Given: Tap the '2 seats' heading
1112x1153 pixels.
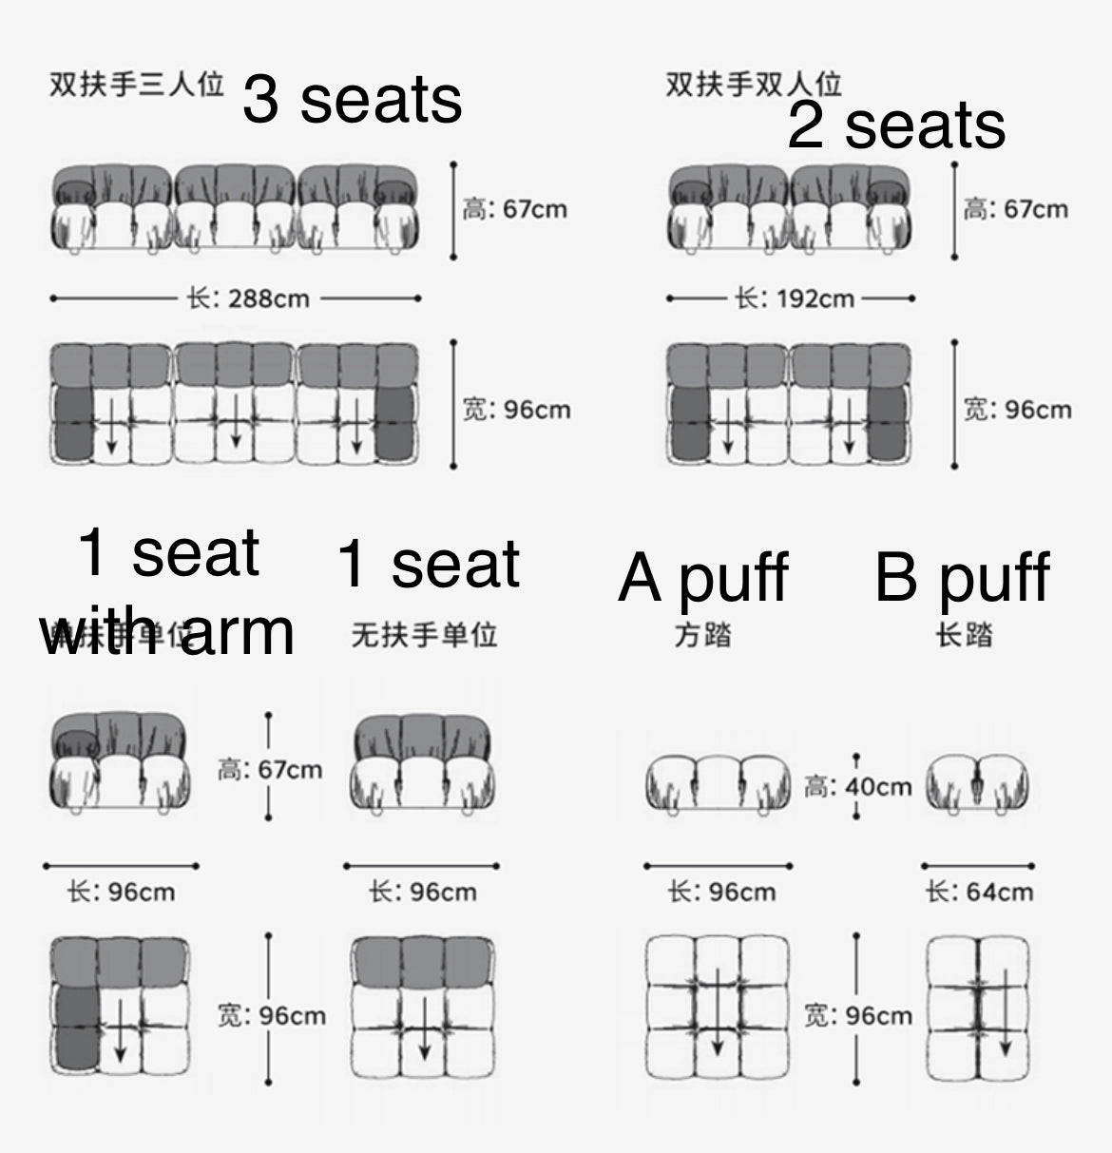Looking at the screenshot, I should coord(896,125).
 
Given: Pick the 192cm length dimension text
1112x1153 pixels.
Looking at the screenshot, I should coord(795,298).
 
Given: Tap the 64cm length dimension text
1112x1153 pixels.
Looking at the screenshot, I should coord(980,892).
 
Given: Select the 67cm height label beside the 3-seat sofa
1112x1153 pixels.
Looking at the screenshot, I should coord(515,209).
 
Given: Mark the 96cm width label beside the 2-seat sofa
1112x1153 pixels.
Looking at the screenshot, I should coord(1018,410).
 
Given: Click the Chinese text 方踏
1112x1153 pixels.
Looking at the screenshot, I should coord(703,634).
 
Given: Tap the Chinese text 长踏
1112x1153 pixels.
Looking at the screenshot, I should coord(964,634).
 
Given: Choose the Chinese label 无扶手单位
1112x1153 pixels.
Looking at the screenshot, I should coord(424,634).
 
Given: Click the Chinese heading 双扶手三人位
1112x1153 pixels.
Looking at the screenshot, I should coord(136,86).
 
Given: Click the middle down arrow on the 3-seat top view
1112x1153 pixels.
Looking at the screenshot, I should coord(235,425).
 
